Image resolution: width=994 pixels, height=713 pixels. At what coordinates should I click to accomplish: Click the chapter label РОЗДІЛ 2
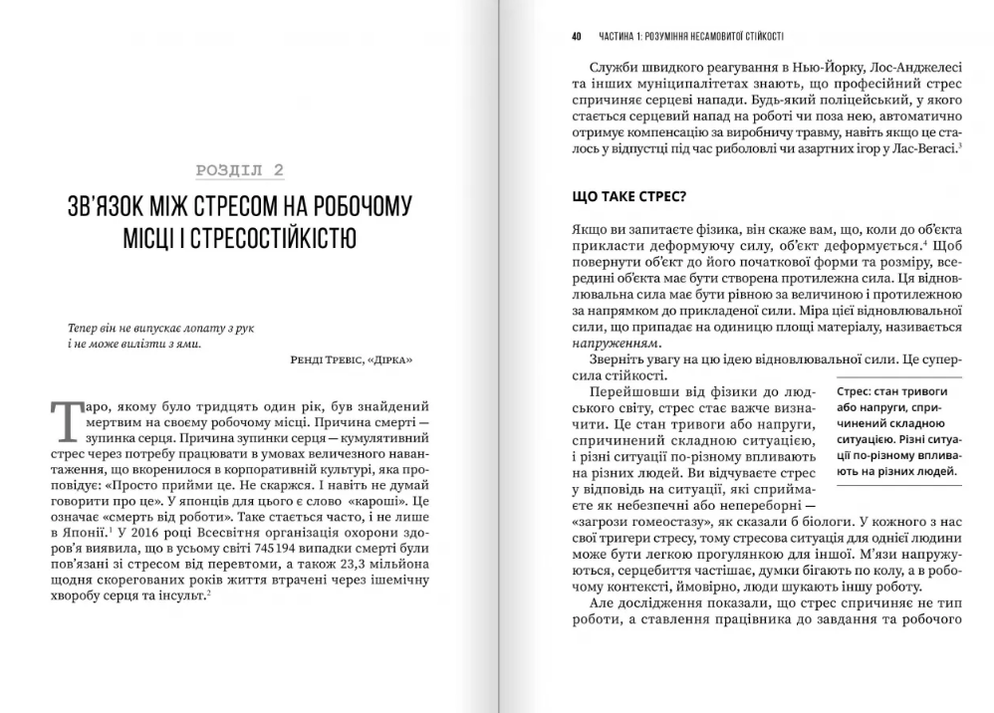pos(239,170)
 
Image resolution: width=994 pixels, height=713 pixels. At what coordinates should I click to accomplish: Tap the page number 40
pos(577,36)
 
